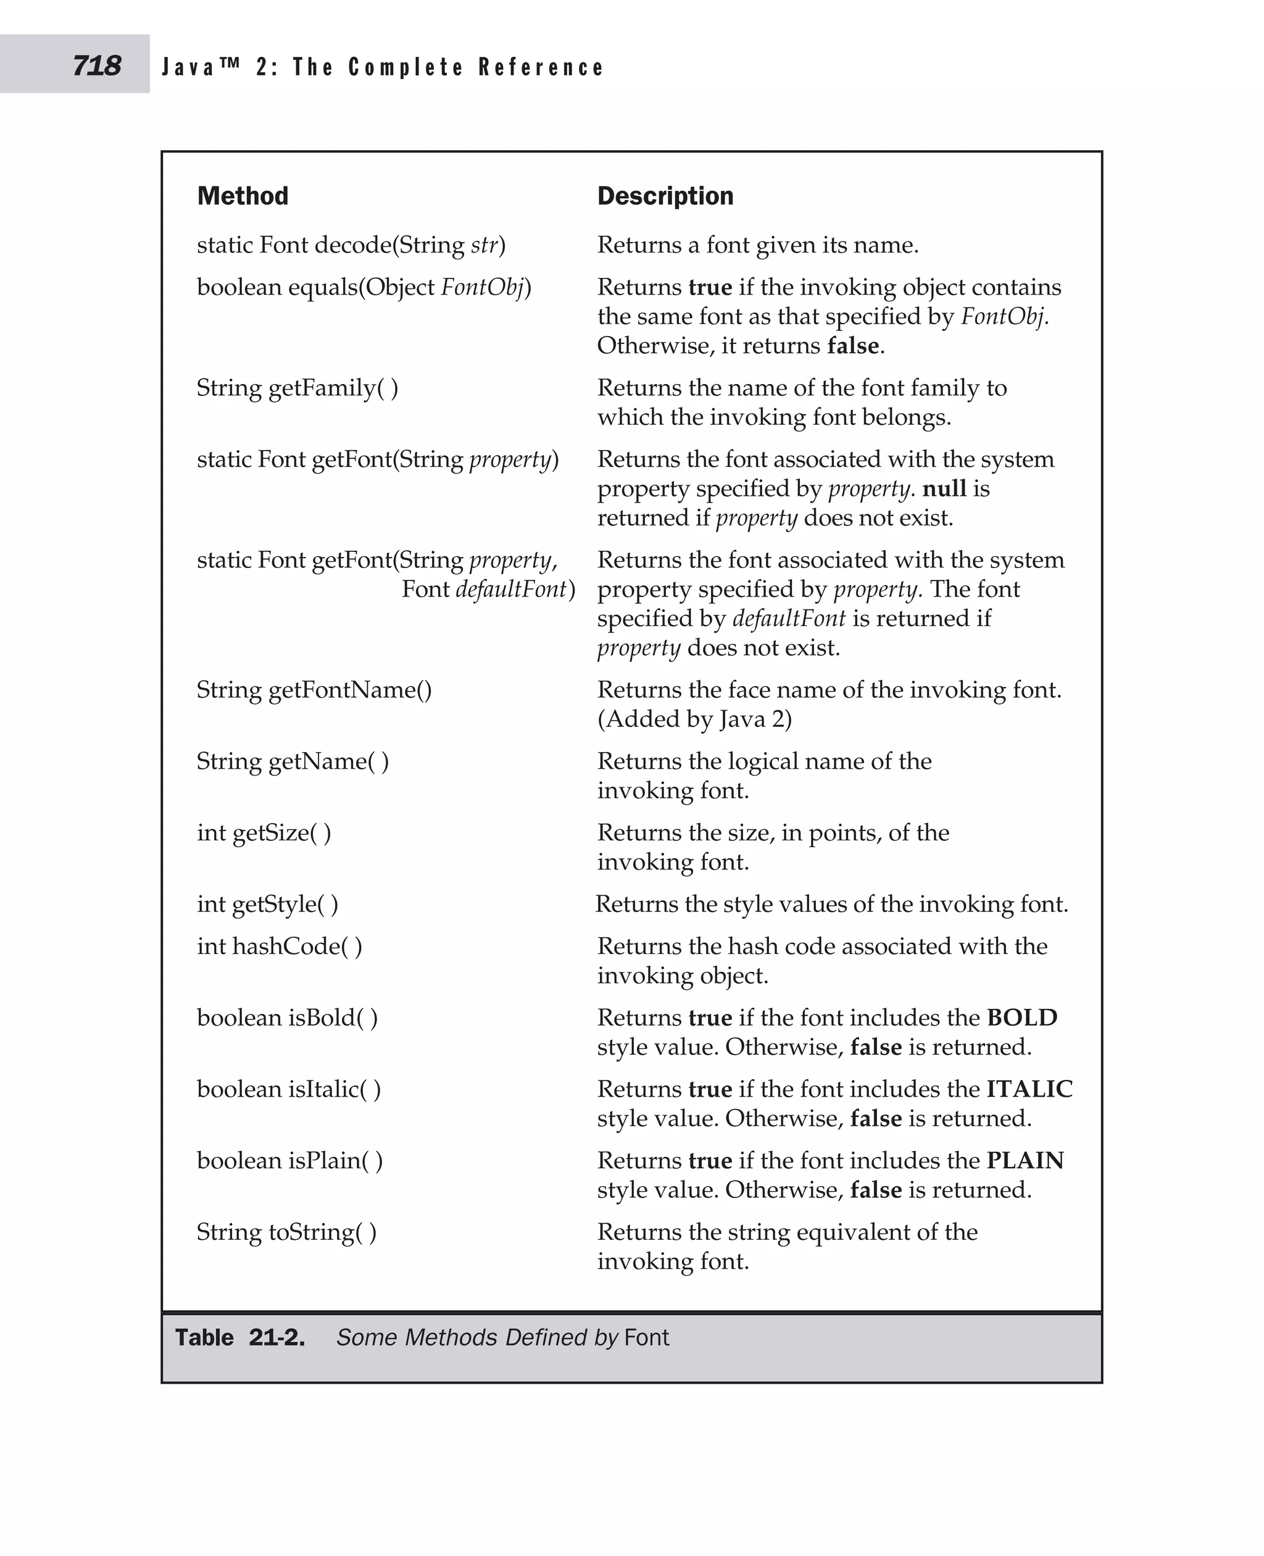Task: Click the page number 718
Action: pos(96,66)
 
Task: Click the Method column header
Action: pos(243,196)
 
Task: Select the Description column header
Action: pos(665,196)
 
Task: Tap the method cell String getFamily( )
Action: pos(297,388)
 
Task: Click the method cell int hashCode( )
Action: pos(279,945)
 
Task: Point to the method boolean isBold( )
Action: pos(287,1017)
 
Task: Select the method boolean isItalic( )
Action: pos(288,1089)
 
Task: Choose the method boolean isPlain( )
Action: pos(289,1160)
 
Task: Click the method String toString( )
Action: pos(286,1231)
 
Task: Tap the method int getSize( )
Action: pos(264,832)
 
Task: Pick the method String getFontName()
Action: pos(314,689)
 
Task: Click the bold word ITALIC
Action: pos(1029,1089)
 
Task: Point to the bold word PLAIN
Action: pos(1025,1160)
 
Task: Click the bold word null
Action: pos(944,488)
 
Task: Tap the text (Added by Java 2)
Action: pos(694,719)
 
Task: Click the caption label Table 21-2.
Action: pos(239,1337)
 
